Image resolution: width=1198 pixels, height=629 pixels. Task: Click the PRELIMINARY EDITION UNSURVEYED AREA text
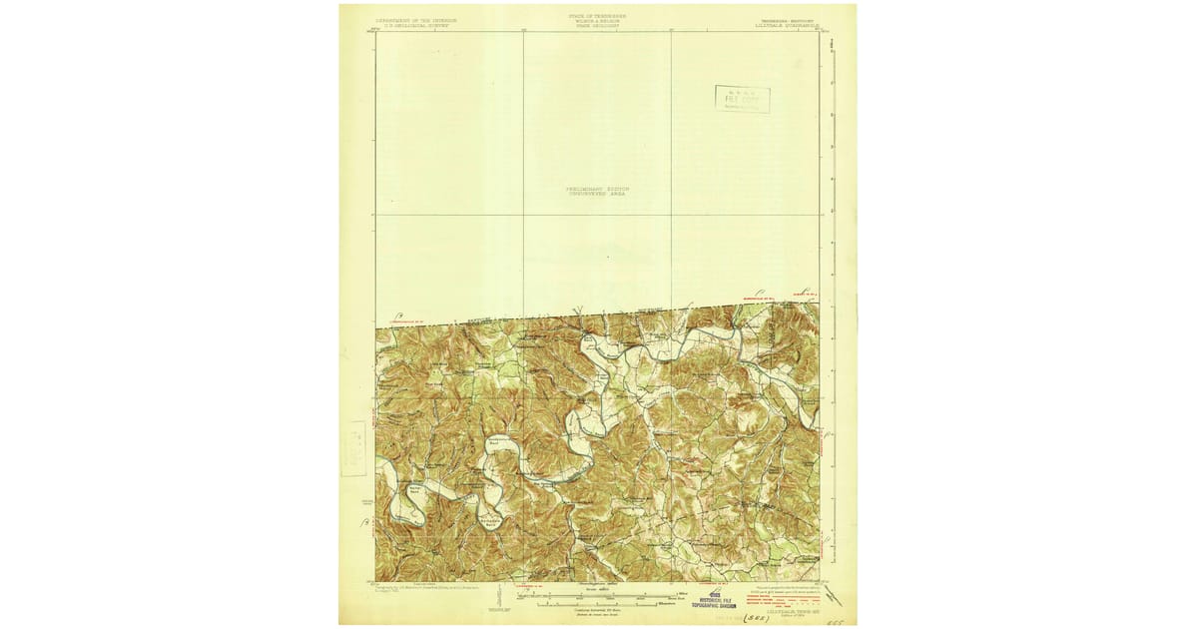[x=599, y=191]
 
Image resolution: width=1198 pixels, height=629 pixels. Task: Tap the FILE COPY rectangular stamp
[x=742, y=98]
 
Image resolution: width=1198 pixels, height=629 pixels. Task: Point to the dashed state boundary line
[x=599, y=315]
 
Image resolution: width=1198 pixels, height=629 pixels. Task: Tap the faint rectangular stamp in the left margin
[x=354, y=448]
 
